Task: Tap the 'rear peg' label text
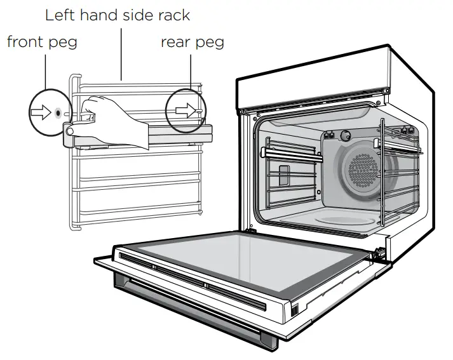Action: pos(192,42)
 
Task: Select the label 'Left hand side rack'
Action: pos(118,13)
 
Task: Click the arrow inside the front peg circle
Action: pos(40,112)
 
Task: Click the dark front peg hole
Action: pos(58,112)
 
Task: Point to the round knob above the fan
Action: pos(347,135)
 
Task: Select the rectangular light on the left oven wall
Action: pos(284,175)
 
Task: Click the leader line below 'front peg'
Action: pos(45,70)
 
